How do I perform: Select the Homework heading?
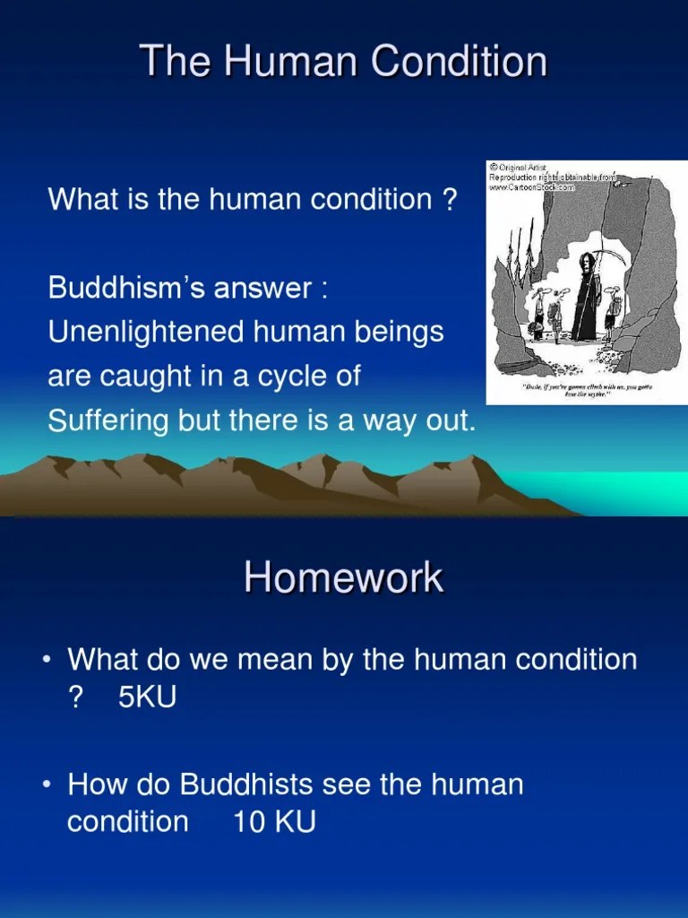tap(343, 577)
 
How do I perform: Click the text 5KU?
tap(147, 697)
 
